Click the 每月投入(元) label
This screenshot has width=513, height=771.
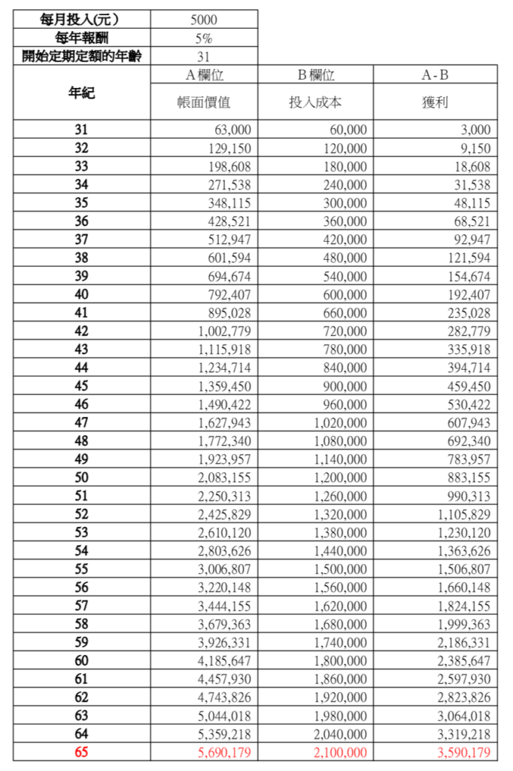[x=80, y=19]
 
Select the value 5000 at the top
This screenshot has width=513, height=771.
[x=204, y=19]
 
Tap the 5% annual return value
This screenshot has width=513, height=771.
[x=204, y=38]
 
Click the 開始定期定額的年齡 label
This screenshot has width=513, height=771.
[x=80, y=56]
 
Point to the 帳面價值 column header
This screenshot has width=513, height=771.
[x=204, y=102]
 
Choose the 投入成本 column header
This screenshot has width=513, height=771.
[x=315, y=102]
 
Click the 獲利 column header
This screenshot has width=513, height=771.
[x=435, y=102]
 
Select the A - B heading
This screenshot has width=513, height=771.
[x=435, y=75]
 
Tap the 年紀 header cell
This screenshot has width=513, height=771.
[x=80, y=93]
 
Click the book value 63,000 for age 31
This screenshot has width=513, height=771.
[x=232, y=130]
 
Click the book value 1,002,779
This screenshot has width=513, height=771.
[x=224, y=331]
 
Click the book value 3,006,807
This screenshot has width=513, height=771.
[x=224, y=570]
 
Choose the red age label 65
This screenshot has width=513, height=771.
[x=80, y=752]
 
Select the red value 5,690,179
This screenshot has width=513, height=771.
[x=224, y=752]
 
